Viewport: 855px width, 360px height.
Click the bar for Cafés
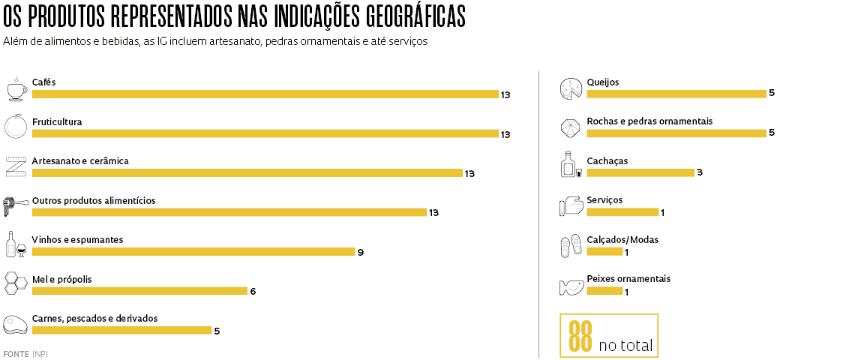pos(265,94)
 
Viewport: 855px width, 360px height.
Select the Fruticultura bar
pos(265,133)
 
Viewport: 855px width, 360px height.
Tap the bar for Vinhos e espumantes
pos(193,252)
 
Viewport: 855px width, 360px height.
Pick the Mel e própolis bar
pos(139,291)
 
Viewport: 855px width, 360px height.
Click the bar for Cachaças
pos(640,172)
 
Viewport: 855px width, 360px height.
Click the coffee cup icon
pos(16,88)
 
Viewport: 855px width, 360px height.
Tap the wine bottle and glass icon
pos(16,244)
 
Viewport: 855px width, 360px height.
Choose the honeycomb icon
pos(16,283)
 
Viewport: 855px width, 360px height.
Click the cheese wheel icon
pos(571,88)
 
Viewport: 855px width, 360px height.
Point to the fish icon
pos(571,286)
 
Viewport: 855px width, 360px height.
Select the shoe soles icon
pos(571,246)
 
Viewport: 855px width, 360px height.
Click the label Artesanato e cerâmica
pos(80,161)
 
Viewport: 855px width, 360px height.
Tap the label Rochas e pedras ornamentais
pos(649,121)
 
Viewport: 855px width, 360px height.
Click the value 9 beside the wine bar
pos(361,252)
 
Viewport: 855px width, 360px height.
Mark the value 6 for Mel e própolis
pos(253,291)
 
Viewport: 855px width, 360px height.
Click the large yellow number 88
pos(580,337)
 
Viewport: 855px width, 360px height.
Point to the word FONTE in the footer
pos(16,353)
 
